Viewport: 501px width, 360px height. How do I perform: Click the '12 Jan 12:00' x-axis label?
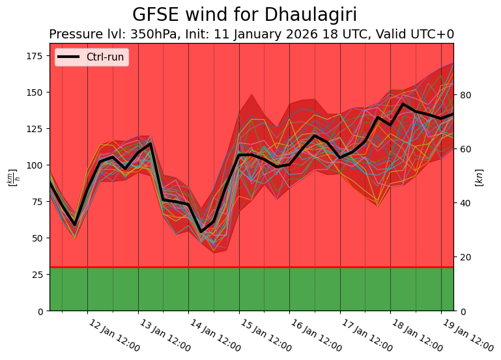114,336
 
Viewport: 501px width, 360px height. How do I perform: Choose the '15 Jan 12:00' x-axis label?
265,336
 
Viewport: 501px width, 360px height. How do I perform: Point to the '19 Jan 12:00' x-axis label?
467,336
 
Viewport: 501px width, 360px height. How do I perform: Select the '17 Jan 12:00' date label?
366,336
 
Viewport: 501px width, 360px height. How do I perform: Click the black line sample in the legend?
68,57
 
